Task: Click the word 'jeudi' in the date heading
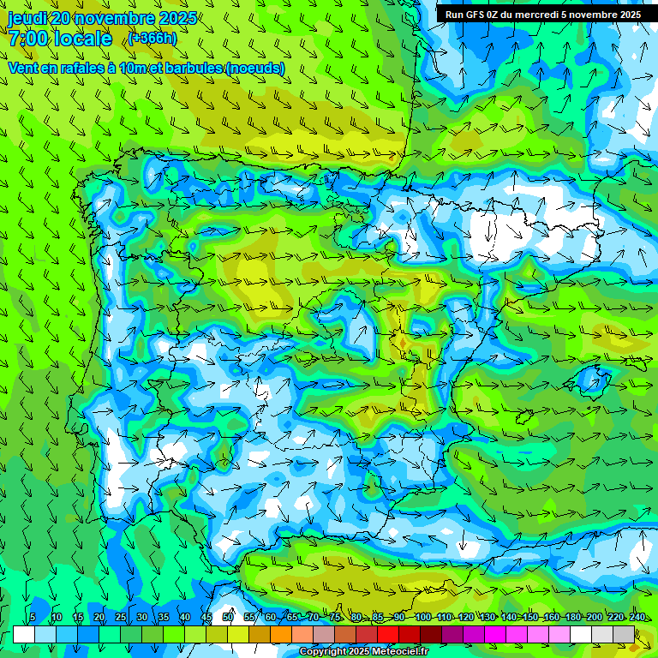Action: pos(27,19)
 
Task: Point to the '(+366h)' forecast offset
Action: pos(153,39)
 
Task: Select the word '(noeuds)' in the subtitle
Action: pos(255,68)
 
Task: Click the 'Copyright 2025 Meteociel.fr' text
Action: pos(364,652)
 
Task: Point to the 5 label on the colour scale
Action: pos(33,618)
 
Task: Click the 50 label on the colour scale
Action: pos(228,618)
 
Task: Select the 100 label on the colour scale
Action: pos(423,618)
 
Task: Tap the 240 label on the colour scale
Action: pos(637,618)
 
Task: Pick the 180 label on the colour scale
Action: pos(573,618)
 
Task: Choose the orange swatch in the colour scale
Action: pos(260,634)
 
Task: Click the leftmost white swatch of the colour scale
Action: pos(24,634)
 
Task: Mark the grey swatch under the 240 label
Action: pos(624,634)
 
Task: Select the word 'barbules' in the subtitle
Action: pos(187,68)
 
